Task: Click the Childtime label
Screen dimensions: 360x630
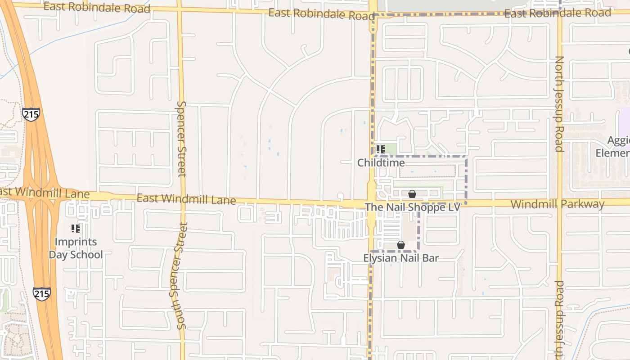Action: tap(381, 162)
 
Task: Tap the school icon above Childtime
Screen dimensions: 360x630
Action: tap(381, 149)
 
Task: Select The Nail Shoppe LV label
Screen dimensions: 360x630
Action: tap(412, 207)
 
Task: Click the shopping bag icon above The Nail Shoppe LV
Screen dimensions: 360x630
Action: tap(412, 194)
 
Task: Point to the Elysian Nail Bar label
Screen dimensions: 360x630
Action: tap(400, 258)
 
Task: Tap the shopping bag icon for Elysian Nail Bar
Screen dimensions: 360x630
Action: tap(400, 245)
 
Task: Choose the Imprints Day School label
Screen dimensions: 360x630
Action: tap(76, 248)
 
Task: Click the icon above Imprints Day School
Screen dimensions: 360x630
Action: tap(76, 229)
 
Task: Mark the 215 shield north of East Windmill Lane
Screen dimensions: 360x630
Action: tap(31, 114)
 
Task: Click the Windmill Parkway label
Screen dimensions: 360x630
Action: tap(557, 204)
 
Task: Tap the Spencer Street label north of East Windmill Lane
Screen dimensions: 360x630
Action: tap(181, 139)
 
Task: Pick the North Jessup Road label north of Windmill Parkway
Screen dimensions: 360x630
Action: tap(559, 103)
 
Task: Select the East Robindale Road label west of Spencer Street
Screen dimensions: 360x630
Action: tap(97, 7)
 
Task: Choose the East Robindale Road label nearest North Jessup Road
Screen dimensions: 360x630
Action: tap(558, 13)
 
